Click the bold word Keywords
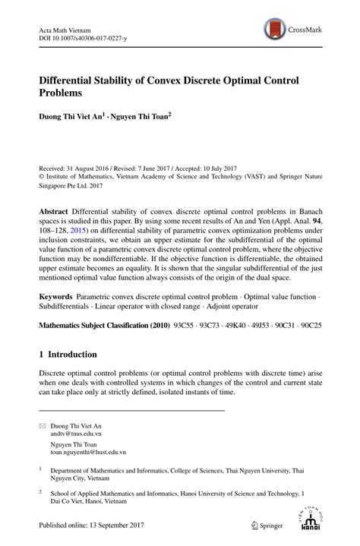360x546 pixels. (58, 314)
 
